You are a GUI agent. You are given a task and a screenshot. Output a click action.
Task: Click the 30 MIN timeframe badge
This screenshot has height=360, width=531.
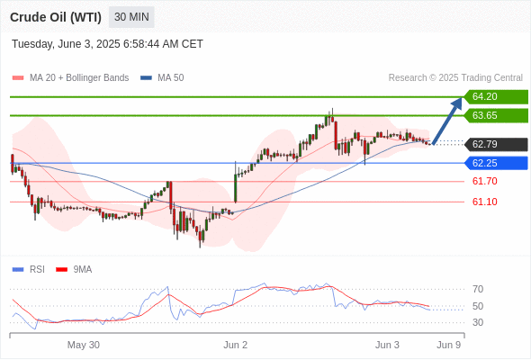coord(131,17)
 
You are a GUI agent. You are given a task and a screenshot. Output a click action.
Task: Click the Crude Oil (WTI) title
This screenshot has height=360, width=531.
coord(56,17)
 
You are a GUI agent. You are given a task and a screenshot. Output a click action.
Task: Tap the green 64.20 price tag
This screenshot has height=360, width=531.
coord(496,97)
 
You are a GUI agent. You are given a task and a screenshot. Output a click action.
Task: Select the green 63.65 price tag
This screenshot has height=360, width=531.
coord(496,115)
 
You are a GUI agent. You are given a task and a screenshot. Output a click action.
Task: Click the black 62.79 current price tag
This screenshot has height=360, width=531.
coord(496,144)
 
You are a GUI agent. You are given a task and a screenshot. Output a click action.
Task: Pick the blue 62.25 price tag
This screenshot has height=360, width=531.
coord(496,163)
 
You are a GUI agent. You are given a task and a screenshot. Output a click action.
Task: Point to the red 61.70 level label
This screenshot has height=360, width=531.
coord(484,181)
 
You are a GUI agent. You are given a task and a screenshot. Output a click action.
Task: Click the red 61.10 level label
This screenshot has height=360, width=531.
coord(484,202)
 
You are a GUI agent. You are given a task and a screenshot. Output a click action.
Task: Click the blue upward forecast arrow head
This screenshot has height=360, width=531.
coord(459,102)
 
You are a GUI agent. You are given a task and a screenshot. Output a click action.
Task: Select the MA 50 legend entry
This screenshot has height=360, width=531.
coord(162,78)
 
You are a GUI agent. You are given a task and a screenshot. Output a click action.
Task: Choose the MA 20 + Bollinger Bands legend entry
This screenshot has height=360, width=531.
coord(70,78)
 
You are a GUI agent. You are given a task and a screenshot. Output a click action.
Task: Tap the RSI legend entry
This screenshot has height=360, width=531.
coord(29,270)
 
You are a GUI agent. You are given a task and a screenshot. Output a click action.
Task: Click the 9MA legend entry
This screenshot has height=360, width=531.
coord(74,270)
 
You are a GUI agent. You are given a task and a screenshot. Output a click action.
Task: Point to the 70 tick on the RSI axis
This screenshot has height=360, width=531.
coord(478,289)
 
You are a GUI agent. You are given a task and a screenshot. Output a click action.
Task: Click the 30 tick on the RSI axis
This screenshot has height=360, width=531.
coord(478,322)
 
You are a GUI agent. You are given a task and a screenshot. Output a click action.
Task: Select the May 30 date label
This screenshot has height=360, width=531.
coord(84,345)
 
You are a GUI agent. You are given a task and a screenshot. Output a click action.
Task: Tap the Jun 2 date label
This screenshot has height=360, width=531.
coord(236,345)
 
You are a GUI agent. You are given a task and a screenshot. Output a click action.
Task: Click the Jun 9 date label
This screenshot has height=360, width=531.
coord(449,345)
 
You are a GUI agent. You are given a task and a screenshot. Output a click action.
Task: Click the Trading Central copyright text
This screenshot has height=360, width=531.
coord(455,78)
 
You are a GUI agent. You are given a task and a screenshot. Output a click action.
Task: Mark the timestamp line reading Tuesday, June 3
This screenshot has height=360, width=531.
coord(107,44)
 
